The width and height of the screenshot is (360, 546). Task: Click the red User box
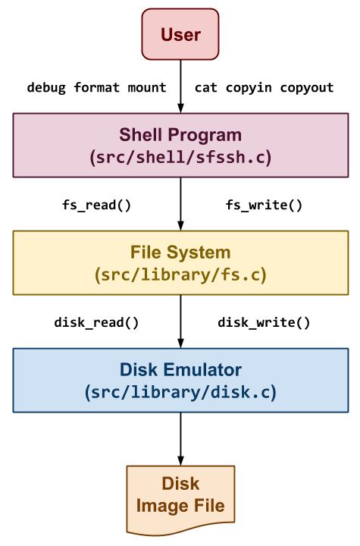(180, 34)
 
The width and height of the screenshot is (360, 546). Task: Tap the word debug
(46, 88)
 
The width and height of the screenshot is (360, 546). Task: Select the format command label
(96, 87)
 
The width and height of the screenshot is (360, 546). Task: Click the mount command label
(147, 87)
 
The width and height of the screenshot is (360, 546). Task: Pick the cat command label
(205, 88)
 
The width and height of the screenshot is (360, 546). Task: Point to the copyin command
(249, 88)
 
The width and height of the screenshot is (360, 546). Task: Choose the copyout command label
(307, 88)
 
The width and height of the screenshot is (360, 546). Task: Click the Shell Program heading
(180, 135)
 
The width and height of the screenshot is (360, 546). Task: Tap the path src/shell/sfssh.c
(180, 157)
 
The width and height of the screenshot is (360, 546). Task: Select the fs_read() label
(96, 205)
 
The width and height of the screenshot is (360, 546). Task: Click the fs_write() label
(264, 205)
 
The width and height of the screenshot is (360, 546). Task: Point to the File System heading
(180, 253)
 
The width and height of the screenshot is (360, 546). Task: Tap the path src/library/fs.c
(180, 275)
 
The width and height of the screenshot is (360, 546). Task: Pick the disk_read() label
(96, 322)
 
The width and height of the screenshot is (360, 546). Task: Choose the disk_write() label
(264, 322)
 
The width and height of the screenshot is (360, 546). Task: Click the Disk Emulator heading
(180, 370)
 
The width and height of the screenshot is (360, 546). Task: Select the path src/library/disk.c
(180, 392)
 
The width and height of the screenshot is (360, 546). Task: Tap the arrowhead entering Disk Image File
(180, 460)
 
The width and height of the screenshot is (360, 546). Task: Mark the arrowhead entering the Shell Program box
(180, 108)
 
